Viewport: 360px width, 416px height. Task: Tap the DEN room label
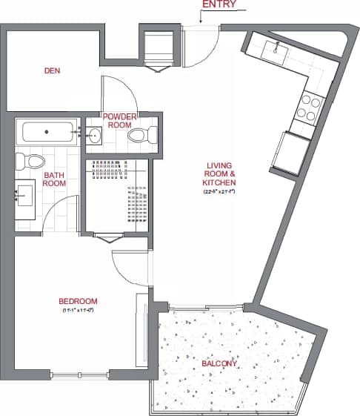pyautogui.click(x=51, y=71)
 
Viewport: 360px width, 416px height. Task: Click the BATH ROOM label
pyautogui.click(x=55, y=179)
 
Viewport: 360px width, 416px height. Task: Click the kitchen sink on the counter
pyautogui.click(x=275, y=50)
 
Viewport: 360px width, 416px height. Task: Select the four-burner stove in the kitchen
pyautogui.click(x=309, y=108)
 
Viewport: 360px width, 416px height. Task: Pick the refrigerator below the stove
pyautogui.click(x=296, y=153)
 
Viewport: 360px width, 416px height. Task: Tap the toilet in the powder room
pyautogui.click(x=141, y=136)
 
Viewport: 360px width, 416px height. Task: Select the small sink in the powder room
pyautogui.click(x=93, y=136)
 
